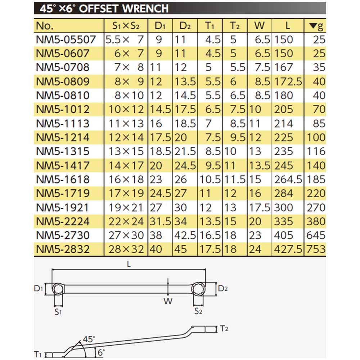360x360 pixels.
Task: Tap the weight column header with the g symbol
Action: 317,26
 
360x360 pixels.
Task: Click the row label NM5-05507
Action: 66,40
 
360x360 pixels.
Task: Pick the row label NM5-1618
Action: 63,179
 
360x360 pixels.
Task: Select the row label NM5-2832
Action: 63,249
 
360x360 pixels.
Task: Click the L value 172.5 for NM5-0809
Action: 288,82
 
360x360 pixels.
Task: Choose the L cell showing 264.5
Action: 288,179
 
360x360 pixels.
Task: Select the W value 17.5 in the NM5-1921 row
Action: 259,207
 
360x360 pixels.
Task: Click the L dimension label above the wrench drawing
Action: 129,264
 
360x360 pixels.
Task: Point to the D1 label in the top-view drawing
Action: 39,288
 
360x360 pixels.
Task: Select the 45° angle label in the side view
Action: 89,339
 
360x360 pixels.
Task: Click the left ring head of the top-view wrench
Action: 58,289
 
